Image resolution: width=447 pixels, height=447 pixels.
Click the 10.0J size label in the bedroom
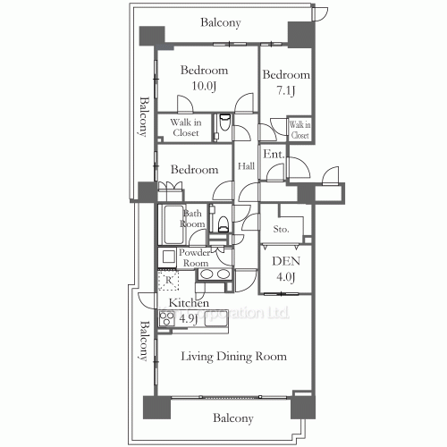pos(204,86)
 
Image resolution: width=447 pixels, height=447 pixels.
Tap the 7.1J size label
pos(286,91)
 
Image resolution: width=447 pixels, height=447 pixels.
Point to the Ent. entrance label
pos(274,155)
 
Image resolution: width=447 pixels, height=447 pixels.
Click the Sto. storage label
pos(281,229)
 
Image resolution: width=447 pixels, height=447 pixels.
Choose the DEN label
pos(285,261)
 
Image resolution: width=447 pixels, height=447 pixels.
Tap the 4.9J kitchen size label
pos(187,317)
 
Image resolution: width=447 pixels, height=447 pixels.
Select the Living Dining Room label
pos(235,357)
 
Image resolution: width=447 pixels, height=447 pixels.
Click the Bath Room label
pos(193,219)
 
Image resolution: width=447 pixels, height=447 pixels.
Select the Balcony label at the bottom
pos(232,417)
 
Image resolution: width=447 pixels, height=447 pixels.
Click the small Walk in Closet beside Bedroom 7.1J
pos(299,130)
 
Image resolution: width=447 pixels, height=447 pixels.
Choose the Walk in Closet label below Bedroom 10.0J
pos(186,127)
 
